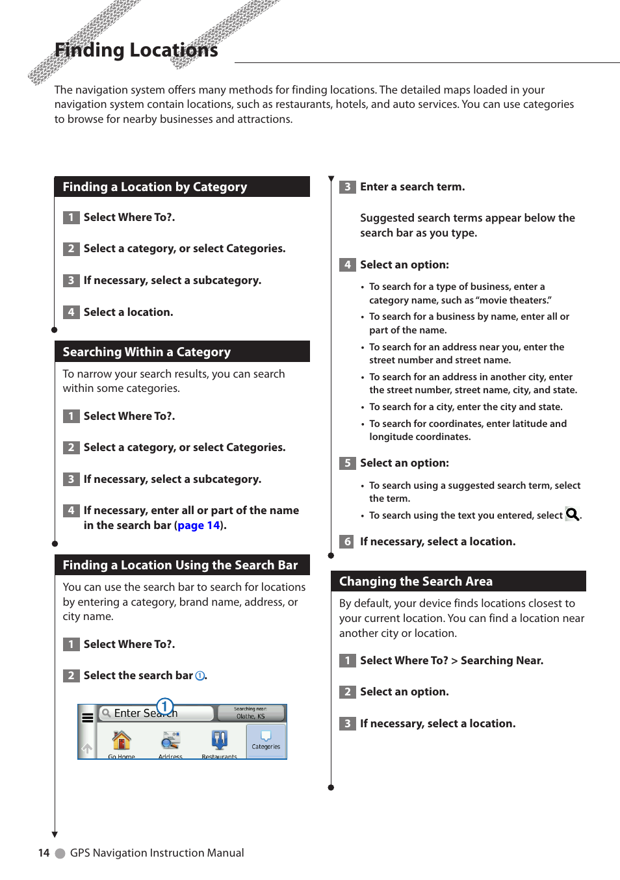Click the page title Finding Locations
pos(136,50)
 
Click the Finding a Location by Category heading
pos(155,187)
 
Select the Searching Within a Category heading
pos(146,352)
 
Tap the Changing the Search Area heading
pos(415,582)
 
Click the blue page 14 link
pos(198,526)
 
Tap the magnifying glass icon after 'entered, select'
pos(572,515)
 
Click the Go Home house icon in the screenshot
pos(122,741)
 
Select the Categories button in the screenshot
pos(266,740)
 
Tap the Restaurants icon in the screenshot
pos(219,741)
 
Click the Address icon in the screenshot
pos(170,741)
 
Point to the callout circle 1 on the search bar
pos(165,706)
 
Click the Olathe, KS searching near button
pos(250,713)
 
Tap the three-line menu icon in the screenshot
pos(87,718)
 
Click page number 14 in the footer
pos(44,853)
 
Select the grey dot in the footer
pos(60,853)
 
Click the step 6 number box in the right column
pos(347,542)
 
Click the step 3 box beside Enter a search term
pos(347,187)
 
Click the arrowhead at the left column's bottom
pos(55,834)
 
